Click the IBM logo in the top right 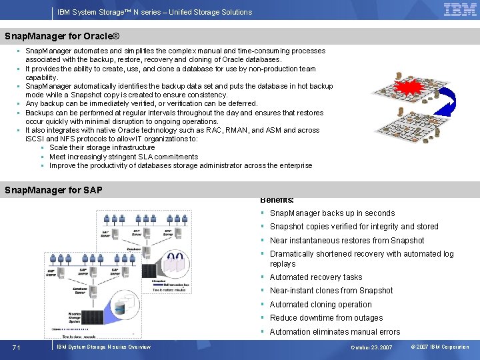[460, 10]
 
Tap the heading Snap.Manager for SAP [53, 190]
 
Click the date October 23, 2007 [371, 347]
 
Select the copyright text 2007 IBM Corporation [440, 347]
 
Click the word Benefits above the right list [277, 200]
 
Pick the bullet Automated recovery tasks [316, 277]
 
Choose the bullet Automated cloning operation [321, 305]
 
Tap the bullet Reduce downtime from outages [326, 318]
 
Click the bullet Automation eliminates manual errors [335, 332]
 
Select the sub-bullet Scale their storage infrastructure [102, 148]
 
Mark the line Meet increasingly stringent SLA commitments [123, 157]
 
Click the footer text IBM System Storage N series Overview [103, 347]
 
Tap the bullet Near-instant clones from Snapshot [331, 291]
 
